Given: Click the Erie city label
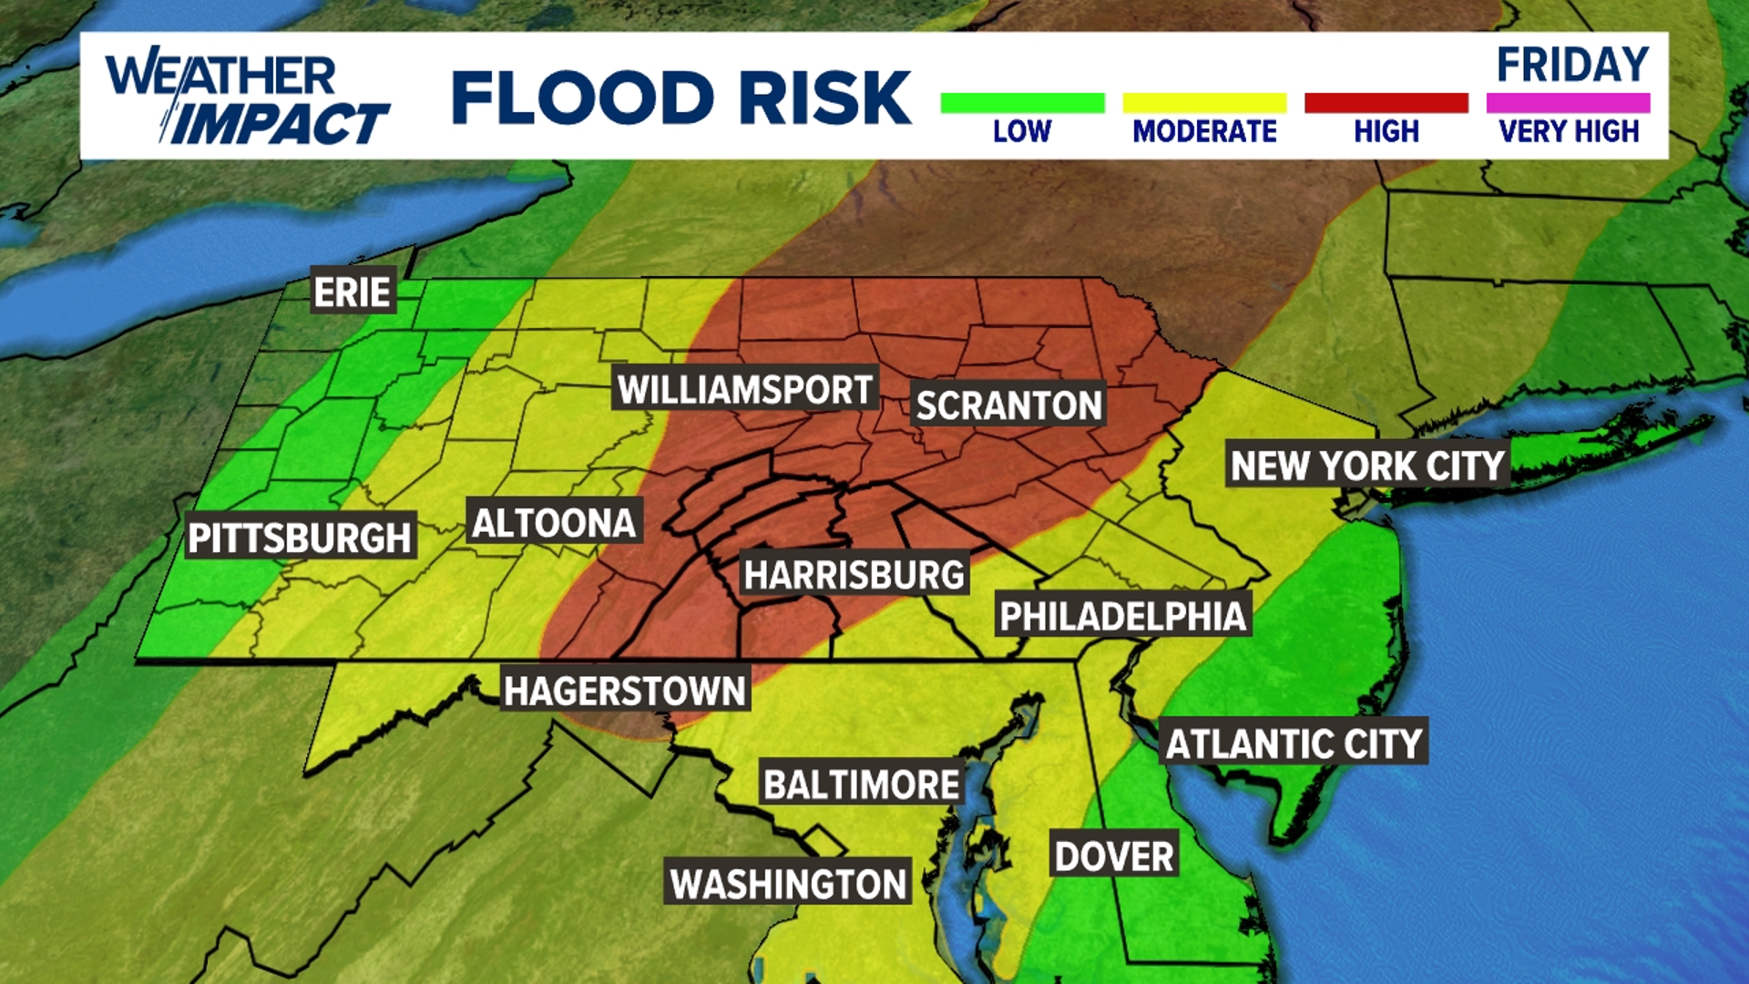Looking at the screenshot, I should [x=353, y=292].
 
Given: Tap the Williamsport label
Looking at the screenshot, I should [x=745, y=390].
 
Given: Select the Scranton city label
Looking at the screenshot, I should [x=1008, y=405].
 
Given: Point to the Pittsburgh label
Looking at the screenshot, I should [x=299, y=538].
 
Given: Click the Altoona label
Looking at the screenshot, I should [x=554, y=523].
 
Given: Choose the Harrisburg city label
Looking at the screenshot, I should [x=854, y=575].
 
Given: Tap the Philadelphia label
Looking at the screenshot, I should [x=1122, y=617].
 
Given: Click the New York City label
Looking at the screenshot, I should [x=1367, y=466].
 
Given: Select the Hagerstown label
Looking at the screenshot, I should [x=625, y=691].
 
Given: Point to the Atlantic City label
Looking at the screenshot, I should [x=1294, y=744].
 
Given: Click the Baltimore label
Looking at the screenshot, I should [x=862, y=784].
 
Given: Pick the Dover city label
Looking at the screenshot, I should [x=1114, y=856].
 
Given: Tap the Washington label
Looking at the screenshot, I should [x=788, y=884].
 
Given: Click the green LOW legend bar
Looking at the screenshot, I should [x=1022, y=103].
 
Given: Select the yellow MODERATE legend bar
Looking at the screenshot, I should [x=1204, y=103].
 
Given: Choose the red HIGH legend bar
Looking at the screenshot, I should [x=1386, y=103].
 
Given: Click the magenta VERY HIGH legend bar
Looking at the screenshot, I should [x=1568, y=103].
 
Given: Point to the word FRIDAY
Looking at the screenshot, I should [x=1572, y=65].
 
